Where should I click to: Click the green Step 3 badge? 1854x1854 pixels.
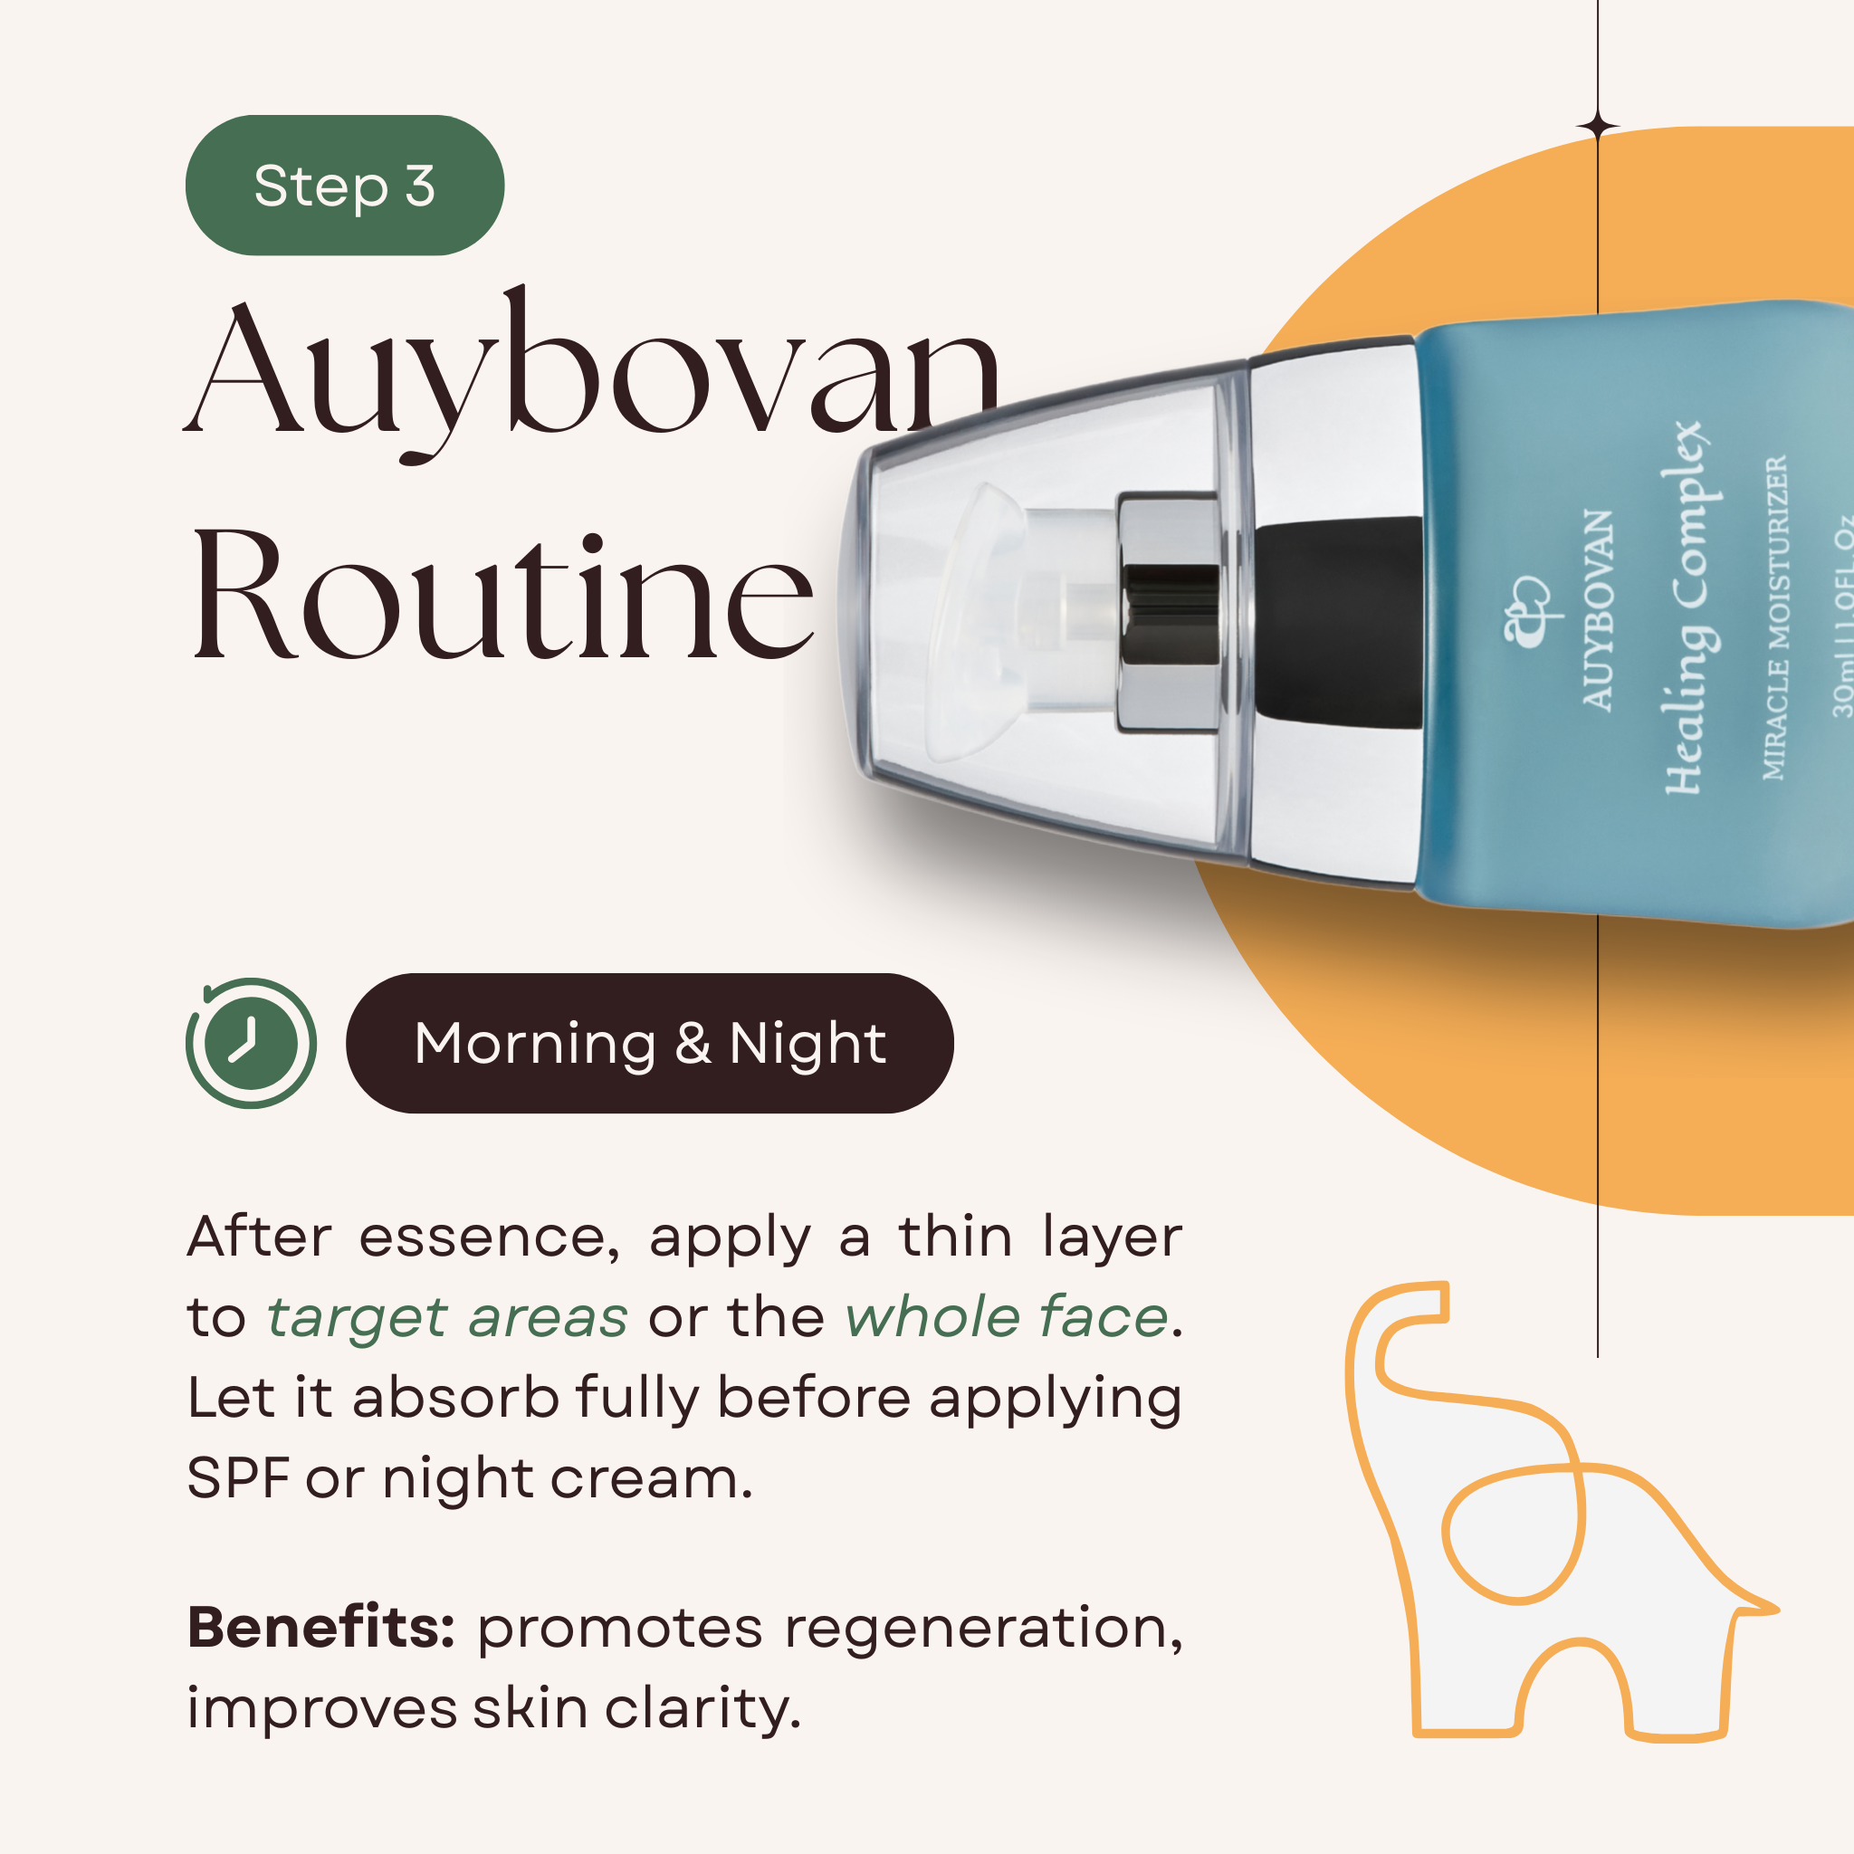click(345, 186)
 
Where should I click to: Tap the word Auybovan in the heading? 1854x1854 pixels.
click(593, 374)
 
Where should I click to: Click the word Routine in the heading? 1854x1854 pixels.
click(502, 595)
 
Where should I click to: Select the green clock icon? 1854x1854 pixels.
click(251, 1043)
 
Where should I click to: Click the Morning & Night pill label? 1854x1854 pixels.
click(650, 1043)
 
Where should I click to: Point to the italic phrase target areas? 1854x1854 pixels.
click(447, 1318)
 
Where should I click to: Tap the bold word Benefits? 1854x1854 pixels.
click(320, 1628)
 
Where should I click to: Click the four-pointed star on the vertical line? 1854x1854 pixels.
click(1598, 127)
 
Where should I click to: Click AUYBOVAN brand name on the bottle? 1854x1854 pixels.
click(1598, 610)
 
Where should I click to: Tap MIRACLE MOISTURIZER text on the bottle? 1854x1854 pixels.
click(1775, 617)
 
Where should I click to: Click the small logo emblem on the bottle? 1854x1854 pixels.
click(1525, 610)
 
